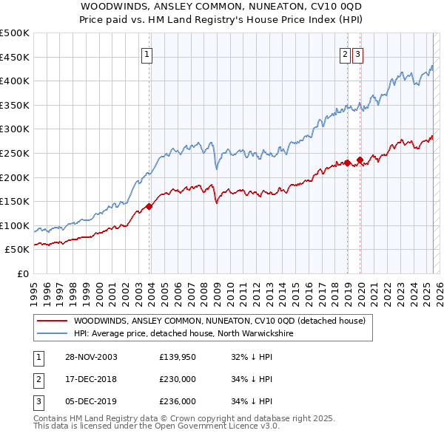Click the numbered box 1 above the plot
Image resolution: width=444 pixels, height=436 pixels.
click(x=147, y=54)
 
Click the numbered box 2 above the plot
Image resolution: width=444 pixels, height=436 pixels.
click(x=346, y=54)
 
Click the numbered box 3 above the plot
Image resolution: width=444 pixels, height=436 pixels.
click(x=357, y=54)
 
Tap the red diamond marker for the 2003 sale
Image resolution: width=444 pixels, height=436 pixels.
click(x=149, y=206)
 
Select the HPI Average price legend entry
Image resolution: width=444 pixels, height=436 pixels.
click(x=184, y=334)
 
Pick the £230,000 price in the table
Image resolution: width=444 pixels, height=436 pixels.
click(x=177, y=379)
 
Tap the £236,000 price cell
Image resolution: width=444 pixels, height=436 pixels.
click(x=177, y=401)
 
